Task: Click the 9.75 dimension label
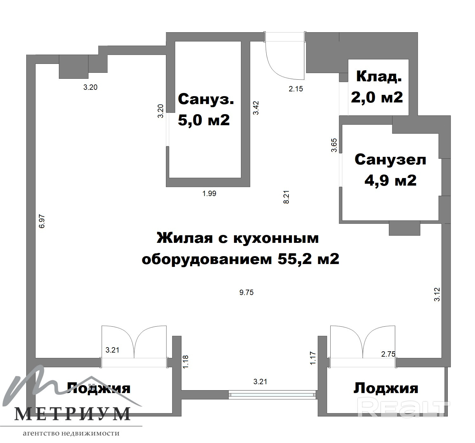point(246,292)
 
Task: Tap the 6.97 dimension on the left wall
point(42,221)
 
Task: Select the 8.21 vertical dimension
point(286,197)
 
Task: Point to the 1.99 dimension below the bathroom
point(209,193)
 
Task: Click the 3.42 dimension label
point(256,108)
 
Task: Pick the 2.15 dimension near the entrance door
point(296,89)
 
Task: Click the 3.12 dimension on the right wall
point(437,294)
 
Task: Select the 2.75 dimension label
point(388,354)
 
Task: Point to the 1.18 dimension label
point(186,362)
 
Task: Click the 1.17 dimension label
point(313,358)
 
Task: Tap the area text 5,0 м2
point(204,120)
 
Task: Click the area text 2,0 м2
point(377,97)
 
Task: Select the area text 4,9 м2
point(390,180)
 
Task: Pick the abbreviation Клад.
point(379,77)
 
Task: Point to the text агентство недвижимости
point(71,433)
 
